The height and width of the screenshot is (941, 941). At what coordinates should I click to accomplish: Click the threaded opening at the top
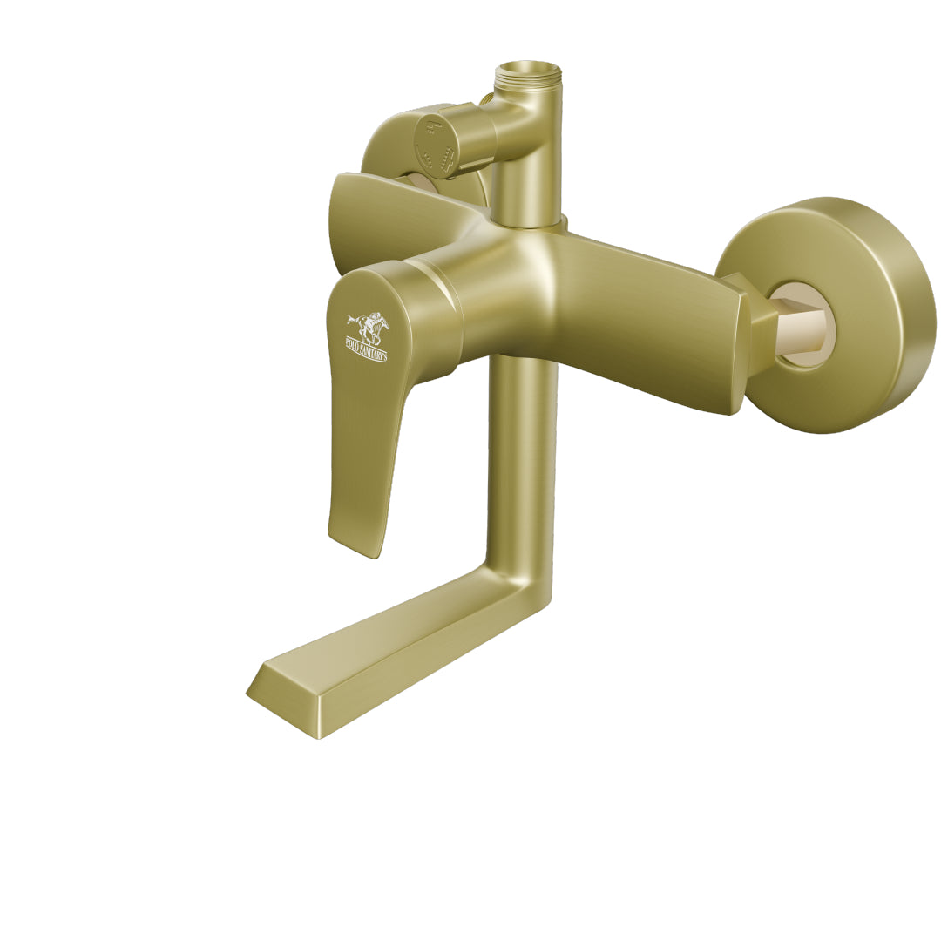[525, 71]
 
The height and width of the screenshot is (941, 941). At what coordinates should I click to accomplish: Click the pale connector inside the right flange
[805, 323]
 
